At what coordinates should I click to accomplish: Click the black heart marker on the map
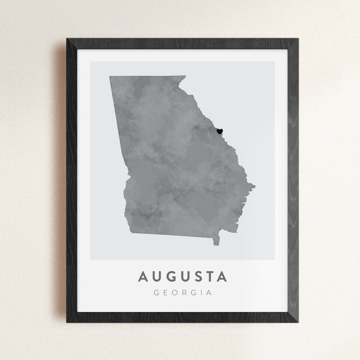coord(220,131)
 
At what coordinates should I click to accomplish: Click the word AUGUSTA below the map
coord(182,277)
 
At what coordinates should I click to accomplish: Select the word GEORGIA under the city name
coord(182,292)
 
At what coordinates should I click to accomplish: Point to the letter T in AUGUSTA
coord(208,277)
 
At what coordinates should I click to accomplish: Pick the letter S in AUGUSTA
coord(196,277)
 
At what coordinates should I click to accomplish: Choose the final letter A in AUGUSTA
coord(221,277)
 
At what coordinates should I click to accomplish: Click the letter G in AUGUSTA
coord(170,277)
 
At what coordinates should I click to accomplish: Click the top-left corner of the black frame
coord(67,39)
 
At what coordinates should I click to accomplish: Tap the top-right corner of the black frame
coord(298,39)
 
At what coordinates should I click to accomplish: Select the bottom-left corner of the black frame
coord(67,322)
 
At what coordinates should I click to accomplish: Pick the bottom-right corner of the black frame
coord(298,322)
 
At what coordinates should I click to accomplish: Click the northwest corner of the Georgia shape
coord(110,77)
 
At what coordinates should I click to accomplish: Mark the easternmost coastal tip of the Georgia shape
coord(254,187)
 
